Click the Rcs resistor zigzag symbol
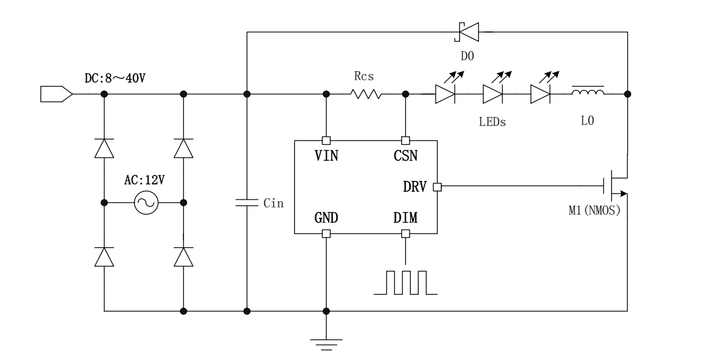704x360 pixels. [366, 94]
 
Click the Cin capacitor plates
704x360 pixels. [247, 203]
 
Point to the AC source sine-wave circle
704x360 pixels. [146, 203]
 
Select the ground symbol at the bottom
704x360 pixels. [326, 344]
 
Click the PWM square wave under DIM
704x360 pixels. [405, 282]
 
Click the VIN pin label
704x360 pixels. [326, 156]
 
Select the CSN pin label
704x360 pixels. [405, 156]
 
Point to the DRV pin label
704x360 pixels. [414, 187]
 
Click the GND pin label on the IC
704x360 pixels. [326, 218]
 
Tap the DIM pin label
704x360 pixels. [405, 218]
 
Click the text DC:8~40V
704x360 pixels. [115, 78]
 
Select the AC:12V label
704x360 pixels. [145, 180]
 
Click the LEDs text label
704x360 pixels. [492, 122]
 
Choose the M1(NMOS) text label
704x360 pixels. [594, 211]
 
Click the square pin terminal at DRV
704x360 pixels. [437, 187]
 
